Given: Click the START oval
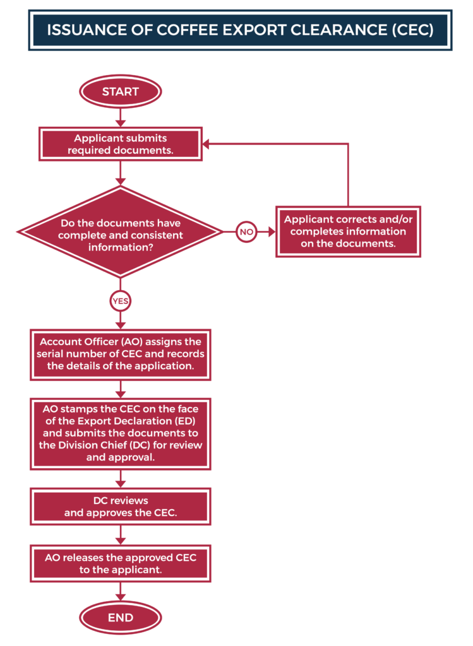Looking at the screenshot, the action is pyautogui.click(x=121, y=91).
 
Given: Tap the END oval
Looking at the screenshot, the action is pyautogui.click(x=121, y=618).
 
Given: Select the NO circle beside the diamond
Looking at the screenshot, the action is pyautogui.click(x=246, y=232).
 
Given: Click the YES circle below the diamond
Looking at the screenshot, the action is pyautogui.click(x=121, y=301).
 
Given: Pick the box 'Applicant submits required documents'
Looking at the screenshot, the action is pyautogui.click(x=121, y=144).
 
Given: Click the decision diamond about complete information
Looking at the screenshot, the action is pyautogui.click(x=121, y=232).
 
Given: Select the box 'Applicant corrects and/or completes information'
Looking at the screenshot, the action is pyautogui.click(x=348, y=232).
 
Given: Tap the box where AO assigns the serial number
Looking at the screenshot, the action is pyautogui.click(x=121, y=355).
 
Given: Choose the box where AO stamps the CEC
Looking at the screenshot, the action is pyautogui.click(x=121, y=433).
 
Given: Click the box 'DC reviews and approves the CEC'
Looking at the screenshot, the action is pyautogui.click(x=121, y=507).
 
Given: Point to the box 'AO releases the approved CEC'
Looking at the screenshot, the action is pyautogui.click(x=121, y=563).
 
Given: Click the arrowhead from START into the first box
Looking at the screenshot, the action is pyautogui.click(x=121, y=124).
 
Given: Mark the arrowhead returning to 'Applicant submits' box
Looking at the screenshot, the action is pyautogui.click(x=206, y=144).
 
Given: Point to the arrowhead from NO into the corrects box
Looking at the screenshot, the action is pyautogui.click(x=272, y=232).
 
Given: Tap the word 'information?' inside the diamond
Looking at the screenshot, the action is pyautogui.click(x=121, y=247).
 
